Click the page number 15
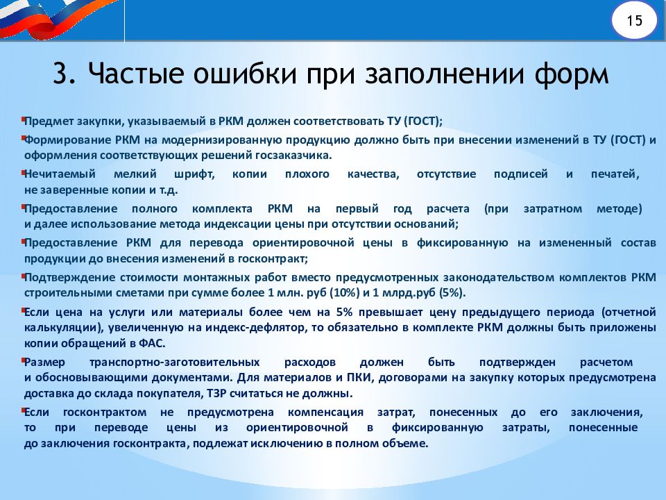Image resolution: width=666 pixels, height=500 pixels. (x=635, y=20)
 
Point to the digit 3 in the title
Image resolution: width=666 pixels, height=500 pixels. (x=61, y=73)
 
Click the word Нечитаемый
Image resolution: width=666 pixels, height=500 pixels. (x=60, y=174)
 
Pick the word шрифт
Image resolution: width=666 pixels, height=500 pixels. (x=194, y=174)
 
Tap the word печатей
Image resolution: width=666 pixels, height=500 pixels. (x=615, y=174)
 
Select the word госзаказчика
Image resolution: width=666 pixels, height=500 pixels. (x=293, y=155)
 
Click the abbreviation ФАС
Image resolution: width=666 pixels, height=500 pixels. (x=152, y=343)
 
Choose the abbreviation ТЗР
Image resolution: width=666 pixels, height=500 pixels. (x=216, y=393)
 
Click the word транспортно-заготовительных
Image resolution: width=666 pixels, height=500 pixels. (x=175, y=362)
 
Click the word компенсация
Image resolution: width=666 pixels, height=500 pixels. (x=325, y=412)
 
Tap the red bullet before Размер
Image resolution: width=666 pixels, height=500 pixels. (x=23, y=360)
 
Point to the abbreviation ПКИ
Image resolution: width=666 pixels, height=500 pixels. (x=358, y=378)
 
